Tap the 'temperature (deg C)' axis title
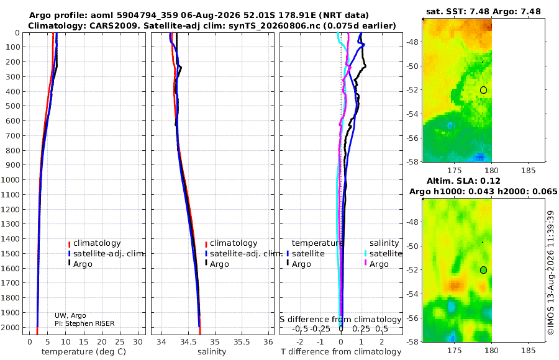pos(84,352)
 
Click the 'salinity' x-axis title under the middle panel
pos(212,352)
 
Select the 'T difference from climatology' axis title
pos(341,352)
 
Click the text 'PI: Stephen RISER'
pos(84,323)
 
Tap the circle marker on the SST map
pos(483,90)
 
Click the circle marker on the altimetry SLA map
pos(483,270)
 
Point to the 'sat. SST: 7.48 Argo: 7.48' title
pos(483,11)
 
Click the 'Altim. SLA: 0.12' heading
pos(463,181)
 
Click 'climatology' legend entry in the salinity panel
pos(231,243)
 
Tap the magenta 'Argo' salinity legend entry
pos(376,264)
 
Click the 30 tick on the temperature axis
pos(138,342)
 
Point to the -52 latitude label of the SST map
pos(413,90)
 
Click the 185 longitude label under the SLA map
pos(528,351)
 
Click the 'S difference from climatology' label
pos(340,320)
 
